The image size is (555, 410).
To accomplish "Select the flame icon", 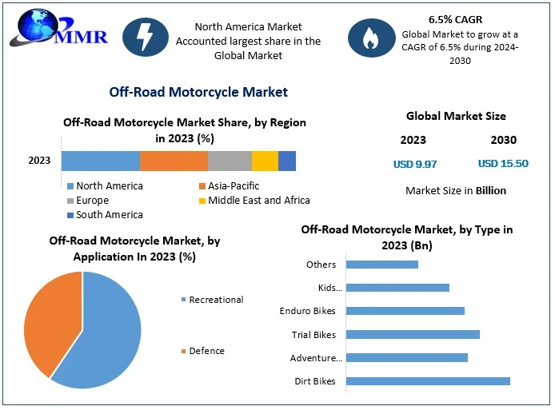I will (x=370, y=38).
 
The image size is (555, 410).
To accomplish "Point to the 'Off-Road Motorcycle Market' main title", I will (x=198, y=93).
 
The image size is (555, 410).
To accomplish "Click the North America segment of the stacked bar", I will (x=101, y=161).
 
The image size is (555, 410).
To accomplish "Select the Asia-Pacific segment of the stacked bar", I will (x=174, y=161).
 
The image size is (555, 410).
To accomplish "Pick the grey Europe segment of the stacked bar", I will (x=230, y=161).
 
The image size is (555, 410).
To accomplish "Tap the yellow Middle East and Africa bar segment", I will (x=265, y=161).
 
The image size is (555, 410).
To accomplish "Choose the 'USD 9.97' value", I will (x=415, y=164).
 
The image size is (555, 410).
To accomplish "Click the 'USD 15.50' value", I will (x=503, y=164).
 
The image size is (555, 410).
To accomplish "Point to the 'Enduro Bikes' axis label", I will (x=308, y=311).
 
